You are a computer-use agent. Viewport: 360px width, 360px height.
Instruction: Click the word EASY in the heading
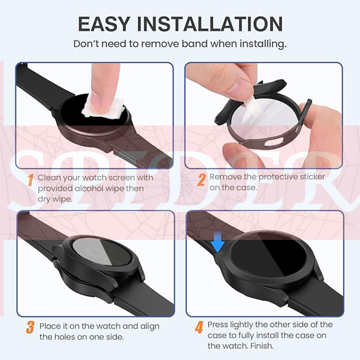pos(104,24)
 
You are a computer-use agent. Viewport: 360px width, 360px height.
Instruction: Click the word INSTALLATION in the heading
pos(210,24)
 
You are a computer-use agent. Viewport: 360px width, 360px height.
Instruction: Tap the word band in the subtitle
pos(195,44)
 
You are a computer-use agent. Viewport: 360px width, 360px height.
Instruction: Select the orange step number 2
pos(201,180)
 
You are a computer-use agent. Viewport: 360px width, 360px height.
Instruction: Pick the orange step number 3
pos(30,327)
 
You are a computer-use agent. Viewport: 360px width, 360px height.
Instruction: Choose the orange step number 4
pos(199,327)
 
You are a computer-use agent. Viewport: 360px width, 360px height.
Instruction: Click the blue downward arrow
pos(217,242)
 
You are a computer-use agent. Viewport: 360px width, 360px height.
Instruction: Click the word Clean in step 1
pos(49,177)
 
